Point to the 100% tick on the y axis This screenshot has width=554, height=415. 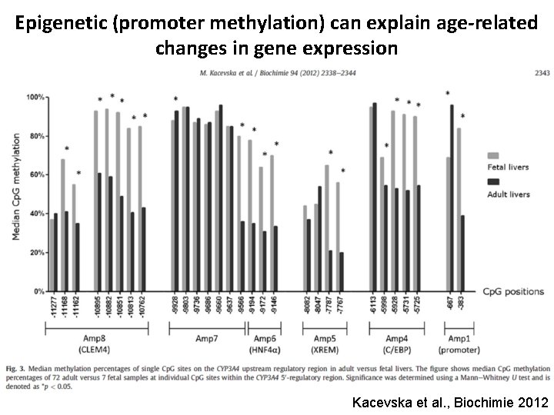[35, 97]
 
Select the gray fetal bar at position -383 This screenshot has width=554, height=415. [459, 210]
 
